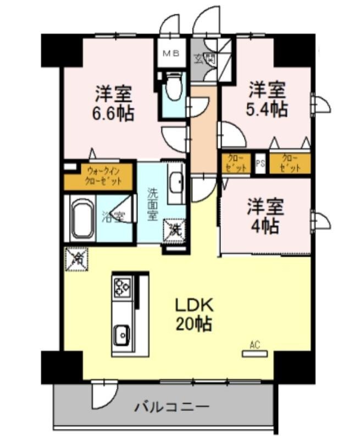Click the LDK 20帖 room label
point(193,314)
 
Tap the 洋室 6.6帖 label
point(114,103)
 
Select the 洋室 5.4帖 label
point(267,99)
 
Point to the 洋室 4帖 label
point(264,216)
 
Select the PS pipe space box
point(261,163)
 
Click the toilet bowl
point(174,90)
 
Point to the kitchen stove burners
point(121,287)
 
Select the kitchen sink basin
point(121,333)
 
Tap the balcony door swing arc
point(105,394)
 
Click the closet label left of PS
point(235,163)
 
